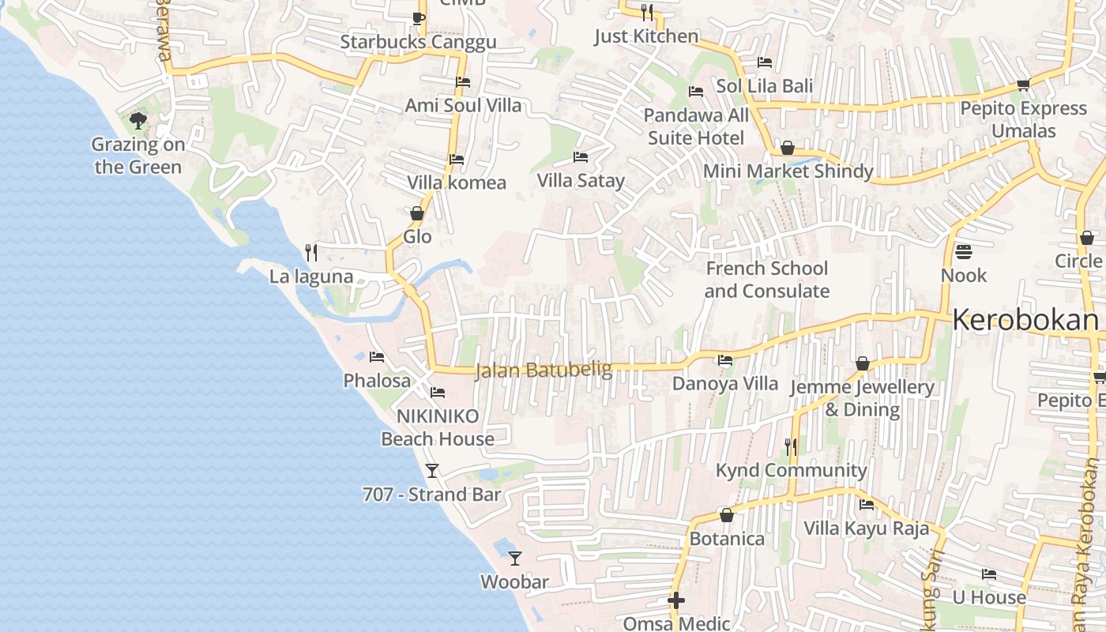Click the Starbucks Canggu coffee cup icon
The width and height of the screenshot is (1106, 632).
pos(419,18)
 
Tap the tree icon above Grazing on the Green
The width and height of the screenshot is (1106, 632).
pos(138,121)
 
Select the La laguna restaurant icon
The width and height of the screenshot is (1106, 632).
pos(311,253)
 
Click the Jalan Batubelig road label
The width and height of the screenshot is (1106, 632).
pos(544,370)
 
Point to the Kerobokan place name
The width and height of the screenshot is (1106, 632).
pos(1025,320)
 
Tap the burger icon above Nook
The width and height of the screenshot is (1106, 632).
pos(964,252)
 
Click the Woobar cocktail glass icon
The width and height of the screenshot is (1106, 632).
pos(515,559)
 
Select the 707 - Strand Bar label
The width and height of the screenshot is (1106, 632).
pos(431,495)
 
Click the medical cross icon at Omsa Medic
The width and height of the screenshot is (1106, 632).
pos(676,600)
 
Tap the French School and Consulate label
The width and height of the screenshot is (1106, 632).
pos(766,280)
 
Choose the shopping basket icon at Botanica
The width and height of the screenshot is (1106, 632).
pos(727,515)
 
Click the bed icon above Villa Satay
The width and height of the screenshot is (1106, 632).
pos(581,157)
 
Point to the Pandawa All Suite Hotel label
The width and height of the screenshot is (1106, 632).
pos(696,126)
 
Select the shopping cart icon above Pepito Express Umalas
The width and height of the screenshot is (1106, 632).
pos(1023,85)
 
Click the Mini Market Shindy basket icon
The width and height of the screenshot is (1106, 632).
pos(787,148)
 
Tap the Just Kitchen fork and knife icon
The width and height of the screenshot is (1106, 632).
pos(646,12)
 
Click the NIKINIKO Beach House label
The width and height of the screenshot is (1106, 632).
pos(438,427)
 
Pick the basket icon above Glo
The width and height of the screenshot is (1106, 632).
pos(417,213)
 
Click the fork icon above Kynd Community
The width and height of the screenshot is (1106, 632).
pos(791,447)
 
